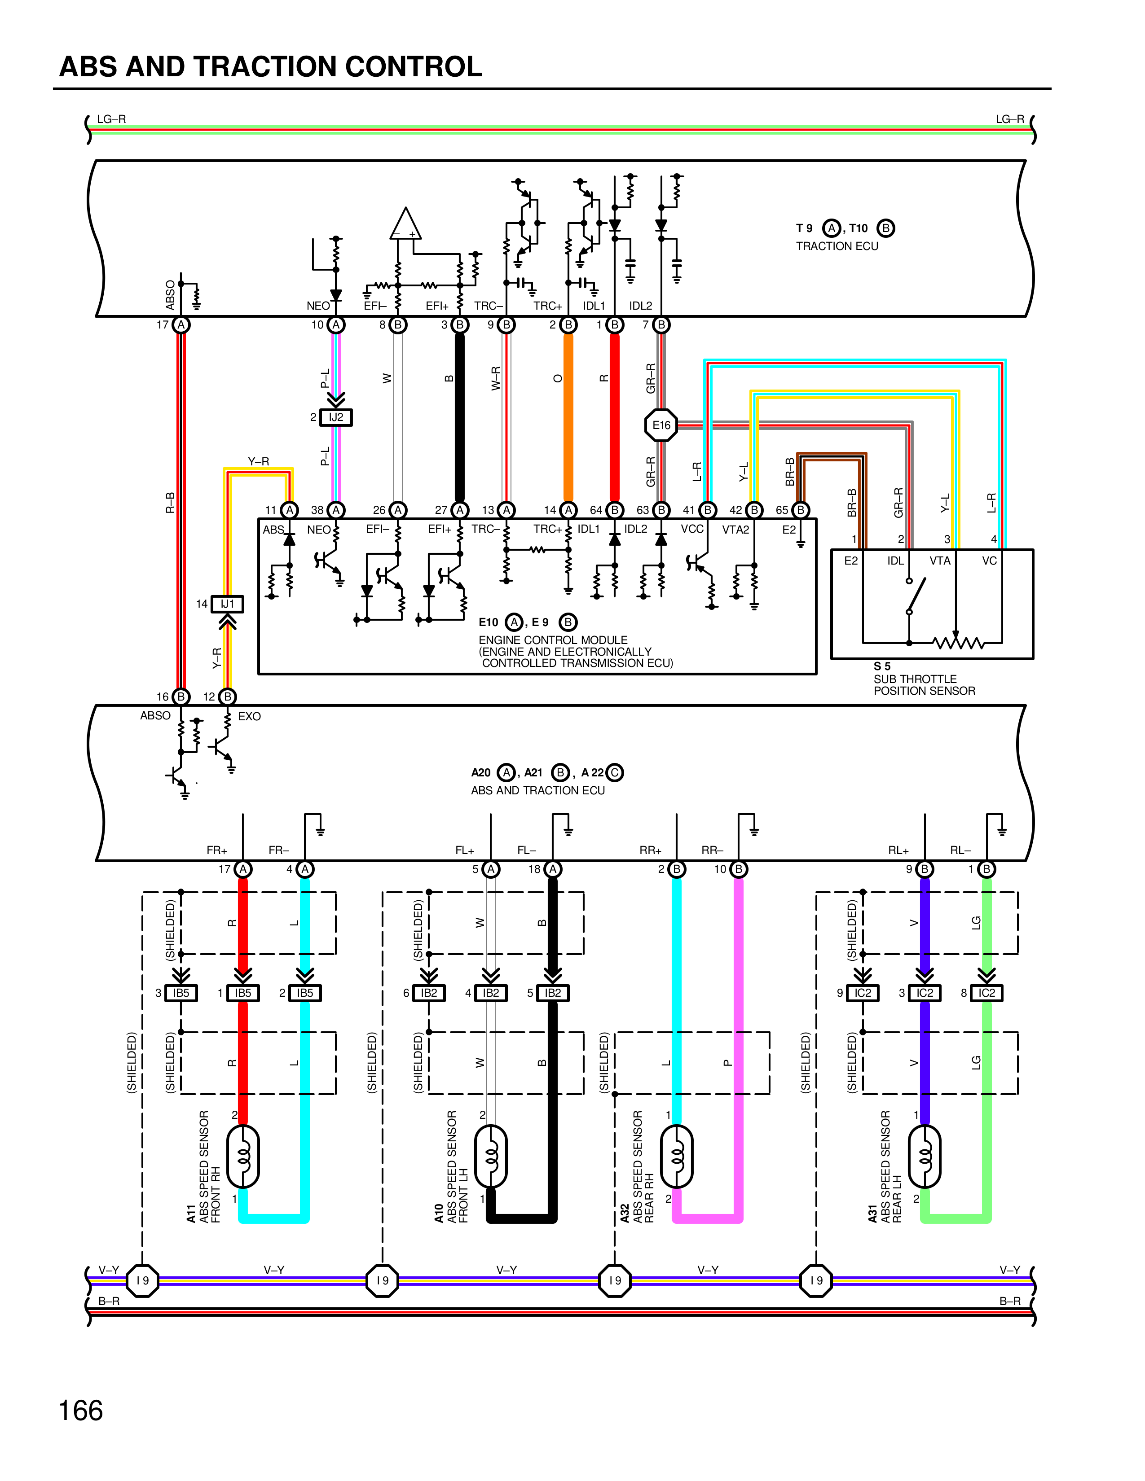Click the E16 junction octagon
point(661,425)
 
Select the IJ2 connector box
point(336,417)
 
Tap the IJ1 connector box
point(227,604)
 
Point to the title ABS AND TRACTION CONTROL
point(270,66)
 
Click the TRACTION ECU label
point(837,246)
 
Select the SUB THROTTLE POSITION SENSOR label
point(924,685)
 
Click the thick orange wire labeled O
point(568,417)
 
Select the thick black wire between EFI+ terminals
point(460,417)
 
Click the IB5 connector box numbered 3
point(181,993)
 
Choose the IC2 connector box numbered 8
point(986,993)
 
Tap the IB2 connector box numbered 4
point(490,993)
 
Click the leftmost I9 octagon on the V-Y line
point(142,1280)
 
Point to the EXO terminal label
point(249,716)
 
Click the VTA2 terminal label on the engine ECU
point(735,530)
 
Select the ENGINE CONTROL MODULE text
point(553,640)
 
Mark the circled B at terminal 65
point(801,510)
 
